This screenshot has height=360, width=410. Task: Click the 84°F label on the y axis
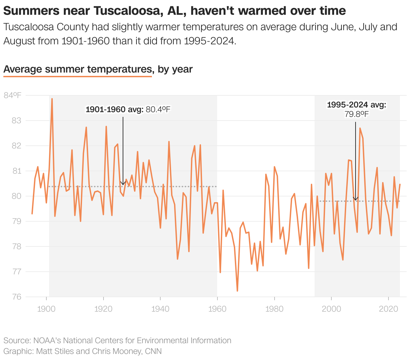click(x=12, y=95)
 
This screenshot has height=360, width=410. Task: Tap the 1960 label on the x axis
click(x=217, y=309)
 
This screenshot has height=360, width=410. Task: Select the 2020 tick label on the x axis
click(x=388, y=309)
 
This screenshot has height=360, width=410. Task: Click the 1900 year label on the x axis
click(x=46, y=309)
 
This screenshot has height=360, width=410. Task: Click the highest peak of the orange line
click(x=52, y=99)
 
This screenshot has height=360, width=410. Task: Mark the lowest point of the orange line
click(x=237, y=291)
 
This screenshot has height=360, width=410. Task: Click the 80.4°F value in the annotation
click(x=158, y=109)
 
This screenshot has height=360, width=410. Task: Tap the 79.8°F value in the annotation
click(x=356, y=114)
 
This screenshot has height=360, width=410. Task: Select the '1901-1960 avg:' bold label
click(x=115, y=109)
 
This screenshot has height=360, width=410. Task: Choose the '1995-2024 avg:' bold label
click(x=356, y=105)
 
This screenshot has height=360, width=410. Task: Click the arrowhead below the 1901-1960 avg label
click(x=123, y=183)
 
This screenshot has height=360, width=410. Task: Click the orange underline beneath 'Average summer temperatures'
click(x=77, y=77)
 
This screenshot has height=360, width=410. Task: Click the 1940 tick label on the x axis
click(x=160, y=309)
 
